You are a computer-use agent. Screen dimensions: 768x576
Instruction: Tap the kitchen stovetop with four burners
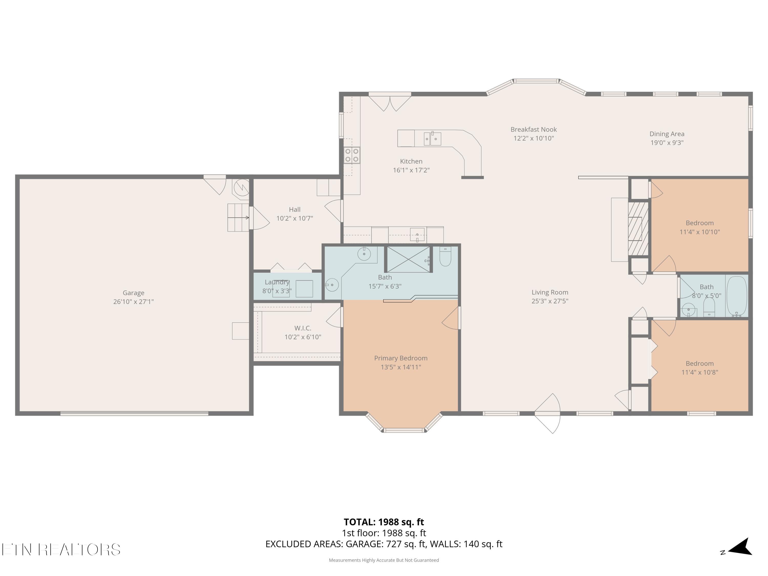(352, 155)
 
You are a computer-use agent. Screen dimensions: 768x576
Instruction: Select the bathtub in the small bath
(737, 296)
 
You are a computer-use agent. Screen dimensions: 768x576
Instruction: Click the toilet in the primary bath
(445, 256)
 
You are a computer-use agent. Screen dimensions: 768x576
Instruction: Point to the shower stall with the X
(408, 259)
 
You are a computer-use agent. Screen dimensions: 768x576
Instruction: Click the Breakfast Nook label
(534, 130)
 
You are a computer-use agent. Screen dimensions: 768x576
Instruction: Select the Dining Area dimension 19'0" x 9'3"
(667, 143)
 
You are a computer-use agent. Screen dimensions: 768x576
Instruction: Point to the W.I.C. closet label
(303, 328)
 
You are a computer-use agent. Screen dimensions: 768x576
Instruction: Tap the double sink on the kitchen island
(432, 138)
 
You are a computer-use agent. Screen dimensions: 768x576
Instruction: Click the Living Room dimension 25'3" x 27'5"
(550, 301)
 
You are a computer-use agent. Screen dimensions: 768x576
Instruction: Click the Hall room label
(295, 210)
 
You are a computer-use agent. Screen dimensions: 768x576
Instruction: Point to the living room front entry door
(548, 413)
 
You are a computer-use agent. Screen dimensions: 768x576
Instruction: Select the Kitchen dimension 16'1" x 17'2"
(411, 170)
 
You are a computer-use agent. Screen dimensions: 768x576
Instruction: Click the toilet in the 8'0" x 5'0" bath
(709, 307)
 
